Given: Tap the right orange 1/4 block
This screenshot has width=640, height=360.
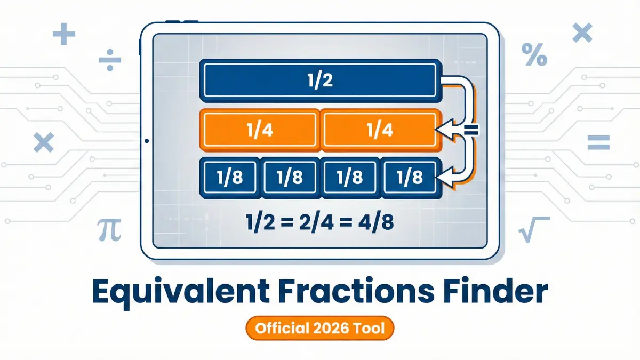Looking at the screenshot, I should tap(380, 130).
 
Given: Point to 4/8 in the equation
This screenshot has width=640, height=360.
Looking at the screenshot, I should tap(373, 221).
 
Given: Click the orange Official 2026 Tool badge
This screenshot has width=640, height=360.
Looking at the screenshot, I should tap(319, 328).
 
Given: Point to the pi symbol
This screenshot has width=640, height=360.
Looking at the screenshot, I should tap(109, 230).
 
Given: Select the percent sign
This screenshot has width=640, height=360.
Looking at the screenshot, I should tap(534, 55).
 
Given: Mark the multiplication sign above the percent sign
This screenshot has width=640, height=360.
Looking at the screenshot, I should tap(582, 34).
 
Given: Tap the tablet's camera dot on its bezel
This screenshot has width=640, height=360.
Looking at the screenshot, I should tap(146, 141).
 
